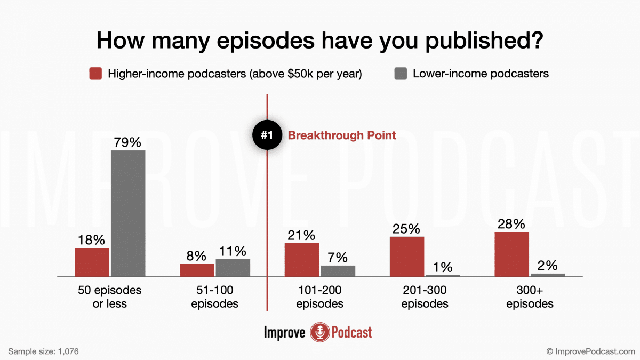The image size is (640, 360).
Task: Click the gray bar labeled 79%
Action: [x=128, y=213]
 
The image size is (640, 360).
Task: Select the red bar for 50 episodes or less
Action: [x=92, y=262]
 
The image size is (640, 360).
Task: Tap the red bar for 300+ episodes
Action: [x=511, y=254]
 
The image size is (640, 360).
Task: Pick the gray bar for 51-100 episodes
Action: [x=233, y=268]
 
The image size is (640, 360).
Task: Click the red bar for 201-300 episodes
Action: [x=407, y=257]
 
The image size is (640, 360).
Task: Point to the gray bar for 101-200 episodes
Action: [x=338, y=271]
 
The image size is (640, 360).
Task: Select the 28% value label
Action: [x=511, y=224]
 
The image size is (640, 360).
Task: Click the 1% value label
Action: [x=443, y=267]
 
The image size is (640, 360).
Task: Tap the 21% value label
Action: [x=301, y=235]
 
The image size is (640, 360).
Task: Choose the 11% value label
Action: [x=233, y=251]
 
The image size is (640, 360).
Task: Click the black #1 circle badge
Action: [x=267, y=135]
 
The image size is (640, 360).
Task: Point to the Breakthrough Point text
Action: [x=342, y=135]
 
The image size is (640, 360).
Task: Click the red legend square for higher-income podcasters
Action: [x=95, y=74]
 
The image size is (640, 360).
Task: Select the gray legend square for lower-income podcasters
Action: [x=401, y=74]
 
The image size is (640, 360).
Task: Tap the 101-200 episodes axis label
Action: [x=319, y=297]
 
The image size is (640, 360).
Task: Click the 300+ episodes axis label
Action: [x=530, y=297]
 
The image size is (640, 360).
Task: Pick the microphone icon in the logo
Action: [x=319, y=332]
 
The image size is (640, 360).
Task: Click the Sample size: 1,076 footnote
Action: [x=44, y=351]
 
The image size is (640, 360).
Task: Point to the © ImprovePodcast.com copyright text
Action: [x=591, y=351]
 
